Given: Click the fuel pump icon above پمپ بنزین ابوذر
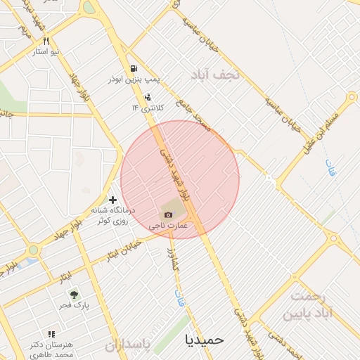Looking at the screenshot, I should coord(133,68).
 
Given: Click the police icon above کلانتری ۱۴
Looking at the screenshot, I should coord(147,97).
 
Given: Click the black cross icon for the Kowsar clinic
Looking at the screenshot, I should coord(112,200).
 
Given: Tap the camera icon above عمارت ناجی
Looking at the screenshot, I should coord(168,214).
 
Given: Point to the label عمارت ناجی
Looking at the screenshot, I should coord(168,226).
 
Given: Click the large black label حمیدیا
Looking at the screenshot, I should coord(204,339).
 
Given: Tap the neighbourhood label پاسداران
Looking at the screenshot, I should coord(128,345).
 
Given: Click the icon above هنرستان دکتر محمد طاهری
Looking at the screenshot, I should coord(51,334).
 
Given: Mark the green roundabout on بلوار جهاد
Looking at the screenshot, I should coord(33,250).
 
